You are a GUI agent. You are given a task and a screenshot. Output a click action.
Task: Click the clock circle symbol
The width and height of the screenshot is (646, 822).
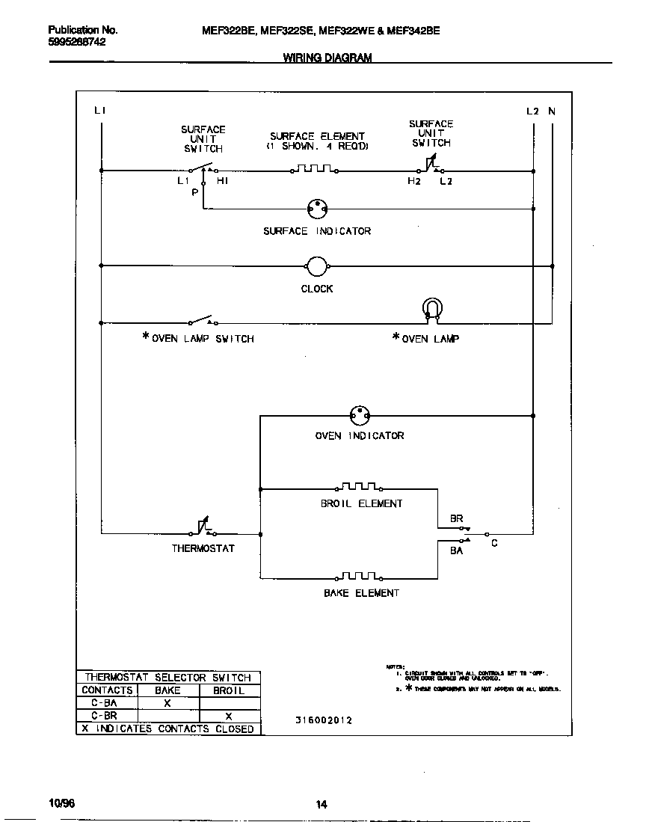tap(317, 266)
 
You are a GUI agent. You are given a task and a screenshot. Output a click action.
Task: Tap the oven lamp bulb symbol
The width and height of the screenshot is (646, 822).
tap(432, 309)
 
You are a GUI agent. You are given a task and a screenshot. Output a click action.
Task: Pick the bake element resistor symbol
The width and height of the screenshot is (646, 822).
tap(360, 577)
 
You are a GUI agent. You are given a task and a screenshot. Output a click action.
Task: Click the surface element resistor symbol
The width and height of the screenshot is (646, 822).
tap(313, 170)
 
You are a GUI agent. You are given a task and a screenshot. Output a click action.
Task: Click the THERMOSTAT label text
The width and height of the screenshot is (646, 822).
tap(203, 548)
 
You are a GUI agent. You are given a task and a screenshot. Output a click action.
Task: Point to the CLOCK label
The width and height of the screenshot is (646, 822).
tap(317, 289)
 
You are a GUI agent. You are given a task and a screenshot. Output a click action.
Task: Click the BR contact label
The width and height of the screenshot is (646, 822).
tap(456, 518)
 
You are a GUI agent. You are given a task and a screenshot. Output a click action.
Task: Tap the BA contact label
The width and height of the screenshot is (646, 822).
tap(456, 550)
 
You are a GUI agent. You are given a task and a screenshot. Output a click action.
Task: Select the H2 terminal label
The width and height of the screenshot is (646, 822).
tap(413, 181)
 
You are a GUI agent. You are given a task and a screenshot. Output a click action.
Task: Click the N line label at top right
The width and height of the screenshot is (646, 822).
tap(552, 111)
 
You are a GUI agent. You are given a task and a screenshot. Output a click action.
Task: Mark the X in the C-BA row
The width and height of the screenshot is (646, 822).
tap(167, 703)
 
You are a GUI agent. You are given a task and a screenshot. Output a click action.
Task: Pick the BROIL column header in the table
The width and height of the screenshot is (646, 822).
tap(229, 690)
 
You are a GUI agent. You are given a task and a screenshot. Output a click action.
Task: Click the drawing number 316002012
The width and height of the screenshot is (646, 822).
tap(323, 720)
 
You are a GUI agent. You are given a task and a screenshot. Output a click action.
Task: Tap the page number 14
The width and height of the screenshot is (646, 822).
tap(321, 805)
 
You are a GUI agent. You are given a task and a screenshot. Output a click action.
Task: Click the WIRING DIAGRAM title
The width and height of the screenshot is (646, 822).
tap(327, 58)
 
